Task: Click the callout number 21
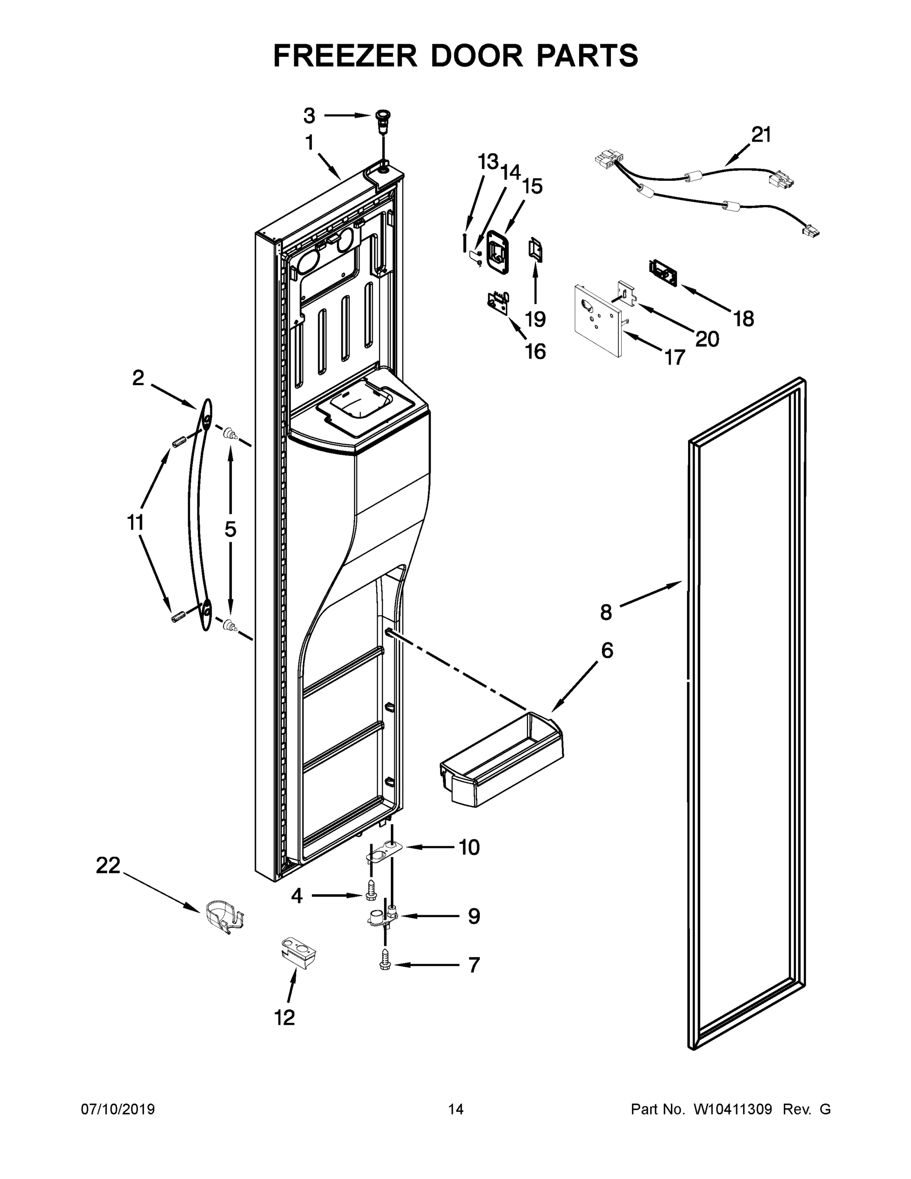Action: [x=761, y=135]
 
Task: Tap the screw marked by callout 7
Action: [x=385, y=964]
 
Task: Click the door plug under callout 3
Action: [x=382, y=118]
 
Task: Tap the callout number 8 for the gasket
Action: [x=606, y=612]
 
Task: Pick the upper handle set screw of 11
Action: [x=179, y=443]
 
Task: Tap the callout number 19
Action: [x=535, y=319]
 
